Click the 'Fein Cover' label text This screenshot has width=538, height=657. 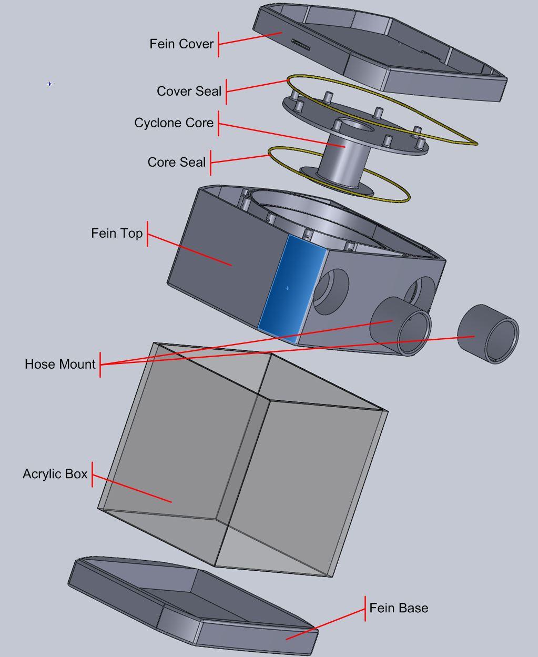pos(181,44)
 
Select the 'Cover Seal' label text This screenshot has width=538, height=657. pos(189,91)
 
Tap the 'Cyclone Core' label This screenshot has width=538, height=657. pos(174,123)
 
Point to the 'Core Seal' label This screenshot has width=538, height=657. pos(176,162)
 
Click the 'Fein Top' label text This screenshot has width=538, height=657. pos(117,233)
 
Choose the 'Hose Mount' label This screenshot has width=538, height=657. pos(60,364)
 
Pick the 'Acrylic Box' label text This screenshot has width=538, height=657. pos(55,474)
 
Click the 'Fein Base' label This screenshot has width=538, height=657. pos(399,608)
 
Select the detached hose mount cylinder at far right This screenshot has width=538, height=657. pos(488,334)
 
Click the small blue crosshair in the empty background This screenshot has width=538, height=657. pos(50,84)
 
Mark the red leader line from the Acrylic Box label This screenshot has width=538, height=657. pos(131,488)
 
